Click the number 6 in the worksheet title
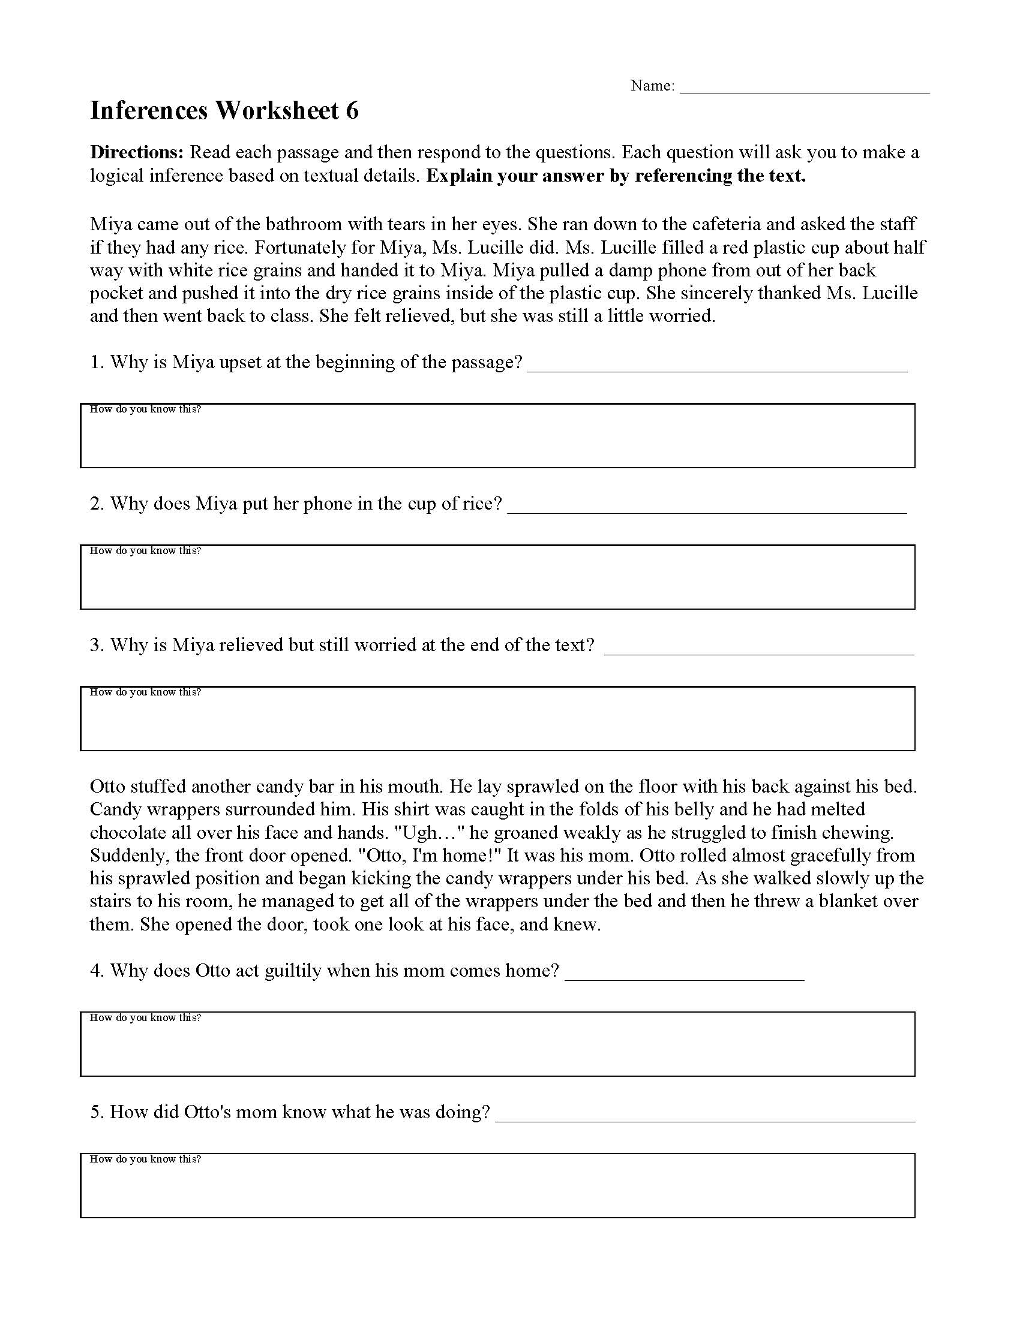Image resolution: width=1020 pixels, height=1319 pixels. [x=352, y=111]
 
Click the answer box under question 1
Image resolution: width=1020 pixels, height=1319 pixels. [x=497, y=436]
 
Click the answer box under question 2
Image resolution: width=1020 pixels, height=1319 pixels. [x=497, y=577]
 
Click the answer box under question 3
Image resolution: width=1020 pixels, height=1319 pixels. [x=497, y=719]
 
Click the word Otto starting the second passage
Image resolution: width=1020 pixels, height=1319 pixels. [x=107, y=787]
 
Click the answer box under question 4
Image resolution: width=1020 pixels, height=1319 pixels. [x=497, y=1044]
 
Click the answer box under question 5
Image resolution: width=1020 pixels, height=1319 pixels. [x=497, y=1185]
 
